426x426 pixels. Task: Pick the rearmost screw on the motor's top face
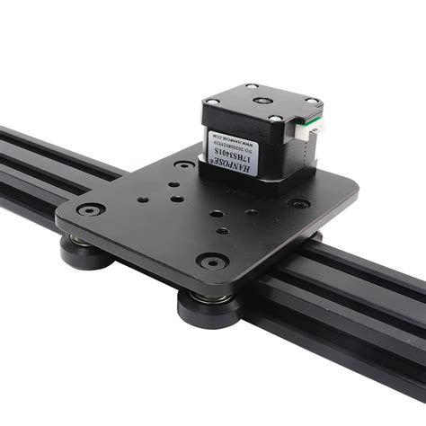pyautogui.click(x=254, y=87)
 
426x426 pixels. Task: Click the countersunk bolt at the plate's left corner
pyautogui.click(x=89, y=209)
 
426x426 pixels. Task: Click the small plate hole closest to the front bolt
pyautogui.click(x=220, y=233)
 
